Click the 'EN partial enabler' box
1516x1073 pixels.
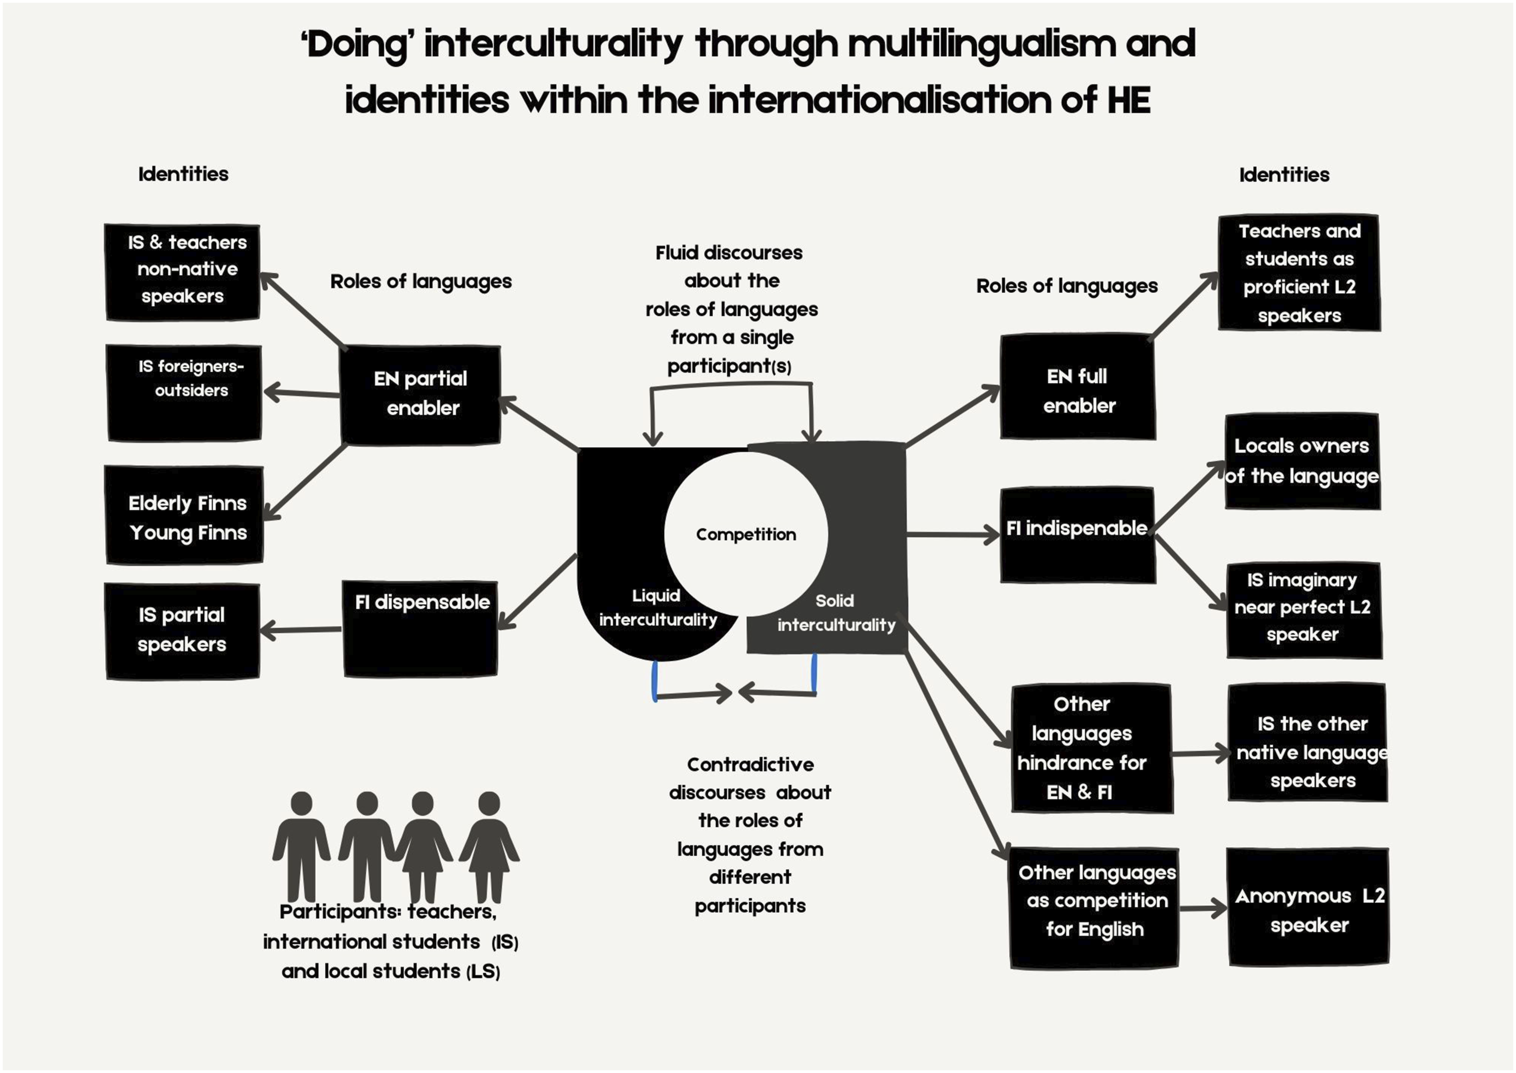tap(420, 395)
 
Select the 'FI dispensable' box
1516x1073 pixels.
tap(420, 628)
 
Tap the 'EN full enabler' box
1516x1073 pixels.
tap(1078, 386)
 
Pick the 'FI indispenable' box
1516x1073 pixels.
tap(1078, 535)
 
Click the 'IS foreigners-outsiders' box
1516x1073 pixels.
tap(184, 393)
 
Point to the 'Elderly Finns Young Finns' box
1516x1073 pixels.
tap(185, 515)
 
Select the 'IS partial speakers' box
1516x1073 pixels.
tap(182, 631)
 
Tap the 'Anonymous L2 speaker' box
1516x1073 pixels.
tap(1308, 907)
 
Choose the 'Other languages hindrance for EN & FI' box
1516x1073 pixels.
tap(1092, 749)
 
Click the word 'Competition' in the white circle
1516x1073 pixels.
tap(746, 534)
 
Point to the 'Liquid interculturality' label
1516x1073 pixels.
tap(657, 608)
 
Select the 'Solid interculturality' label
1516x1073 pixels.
tap(836, 612)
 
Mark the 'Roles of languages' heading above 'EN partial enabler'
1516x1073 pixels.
tap(421, 281)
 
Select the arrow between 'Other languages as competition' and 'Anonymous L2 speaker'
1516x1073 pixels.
tap(1203, 908)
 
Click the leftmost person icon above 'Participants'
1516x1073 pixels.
tap(301, 846)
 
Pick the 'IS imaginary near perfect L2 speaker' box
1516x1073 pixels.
tap(1304, 610)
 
